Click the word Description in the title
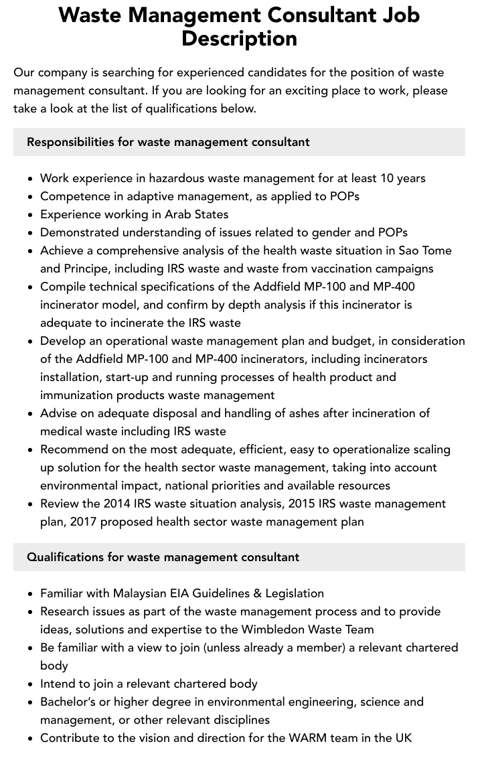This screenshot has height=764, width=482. (239, 38)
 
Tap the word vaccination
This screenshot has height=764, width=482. (344, 269)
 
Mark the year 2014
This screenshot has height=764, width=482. (118, 504)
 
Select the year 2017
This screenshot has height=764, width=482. (84, 522)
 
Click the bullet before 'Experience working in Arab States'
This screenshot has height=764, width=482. (30, 215)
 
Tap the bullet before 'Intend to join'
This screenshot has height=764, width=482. (30, 684)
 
